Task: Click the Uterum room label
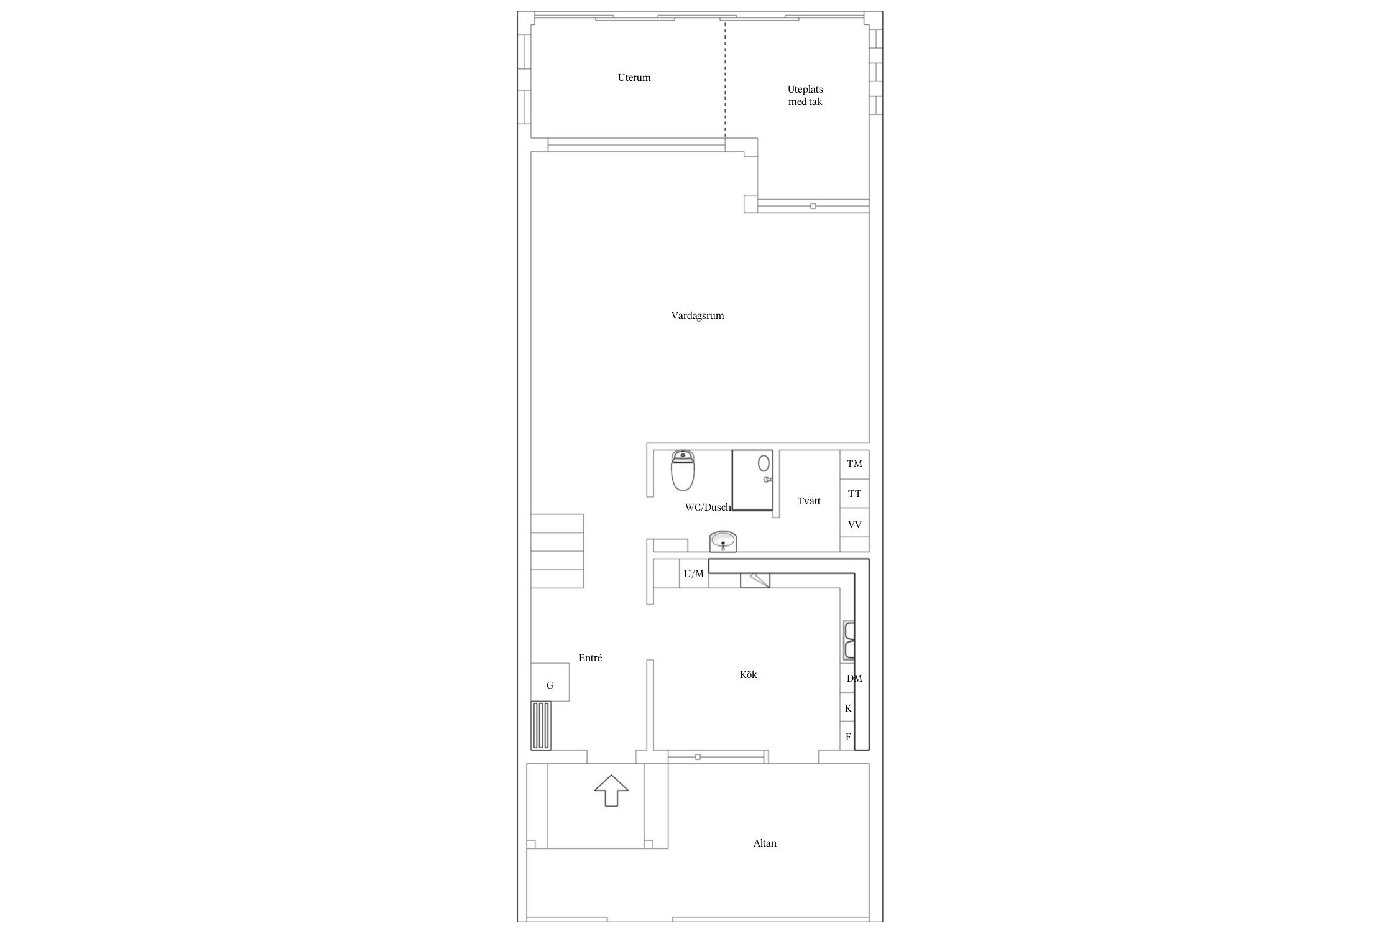tap(634, 78)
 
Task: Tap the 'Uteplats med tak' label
tap(805, 95)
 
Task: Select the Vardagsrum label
tap(698, 316)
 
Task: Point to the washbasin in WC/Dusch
tap(723, 541)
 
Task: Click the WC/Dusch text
tap(708, 508)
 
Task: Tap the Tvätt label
tap(809, 501)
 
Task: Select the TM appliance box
tap(854, 464)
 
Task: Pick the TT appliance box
tap(854, 494)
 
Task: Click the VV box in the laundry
tap(854, 524)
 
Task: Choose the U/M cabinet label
tap(694, 574)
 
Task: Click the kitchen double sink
tap(849, 640)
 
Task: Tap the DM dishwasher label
tap(854, 679)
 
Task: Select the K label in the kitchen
tap(848, 708)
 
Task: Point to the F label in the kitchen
tap(848, 737)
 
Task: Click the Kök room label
tap(749, 675)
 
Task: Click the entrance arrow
tap(612, 791)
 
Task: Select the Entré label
tap(590, 658)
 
